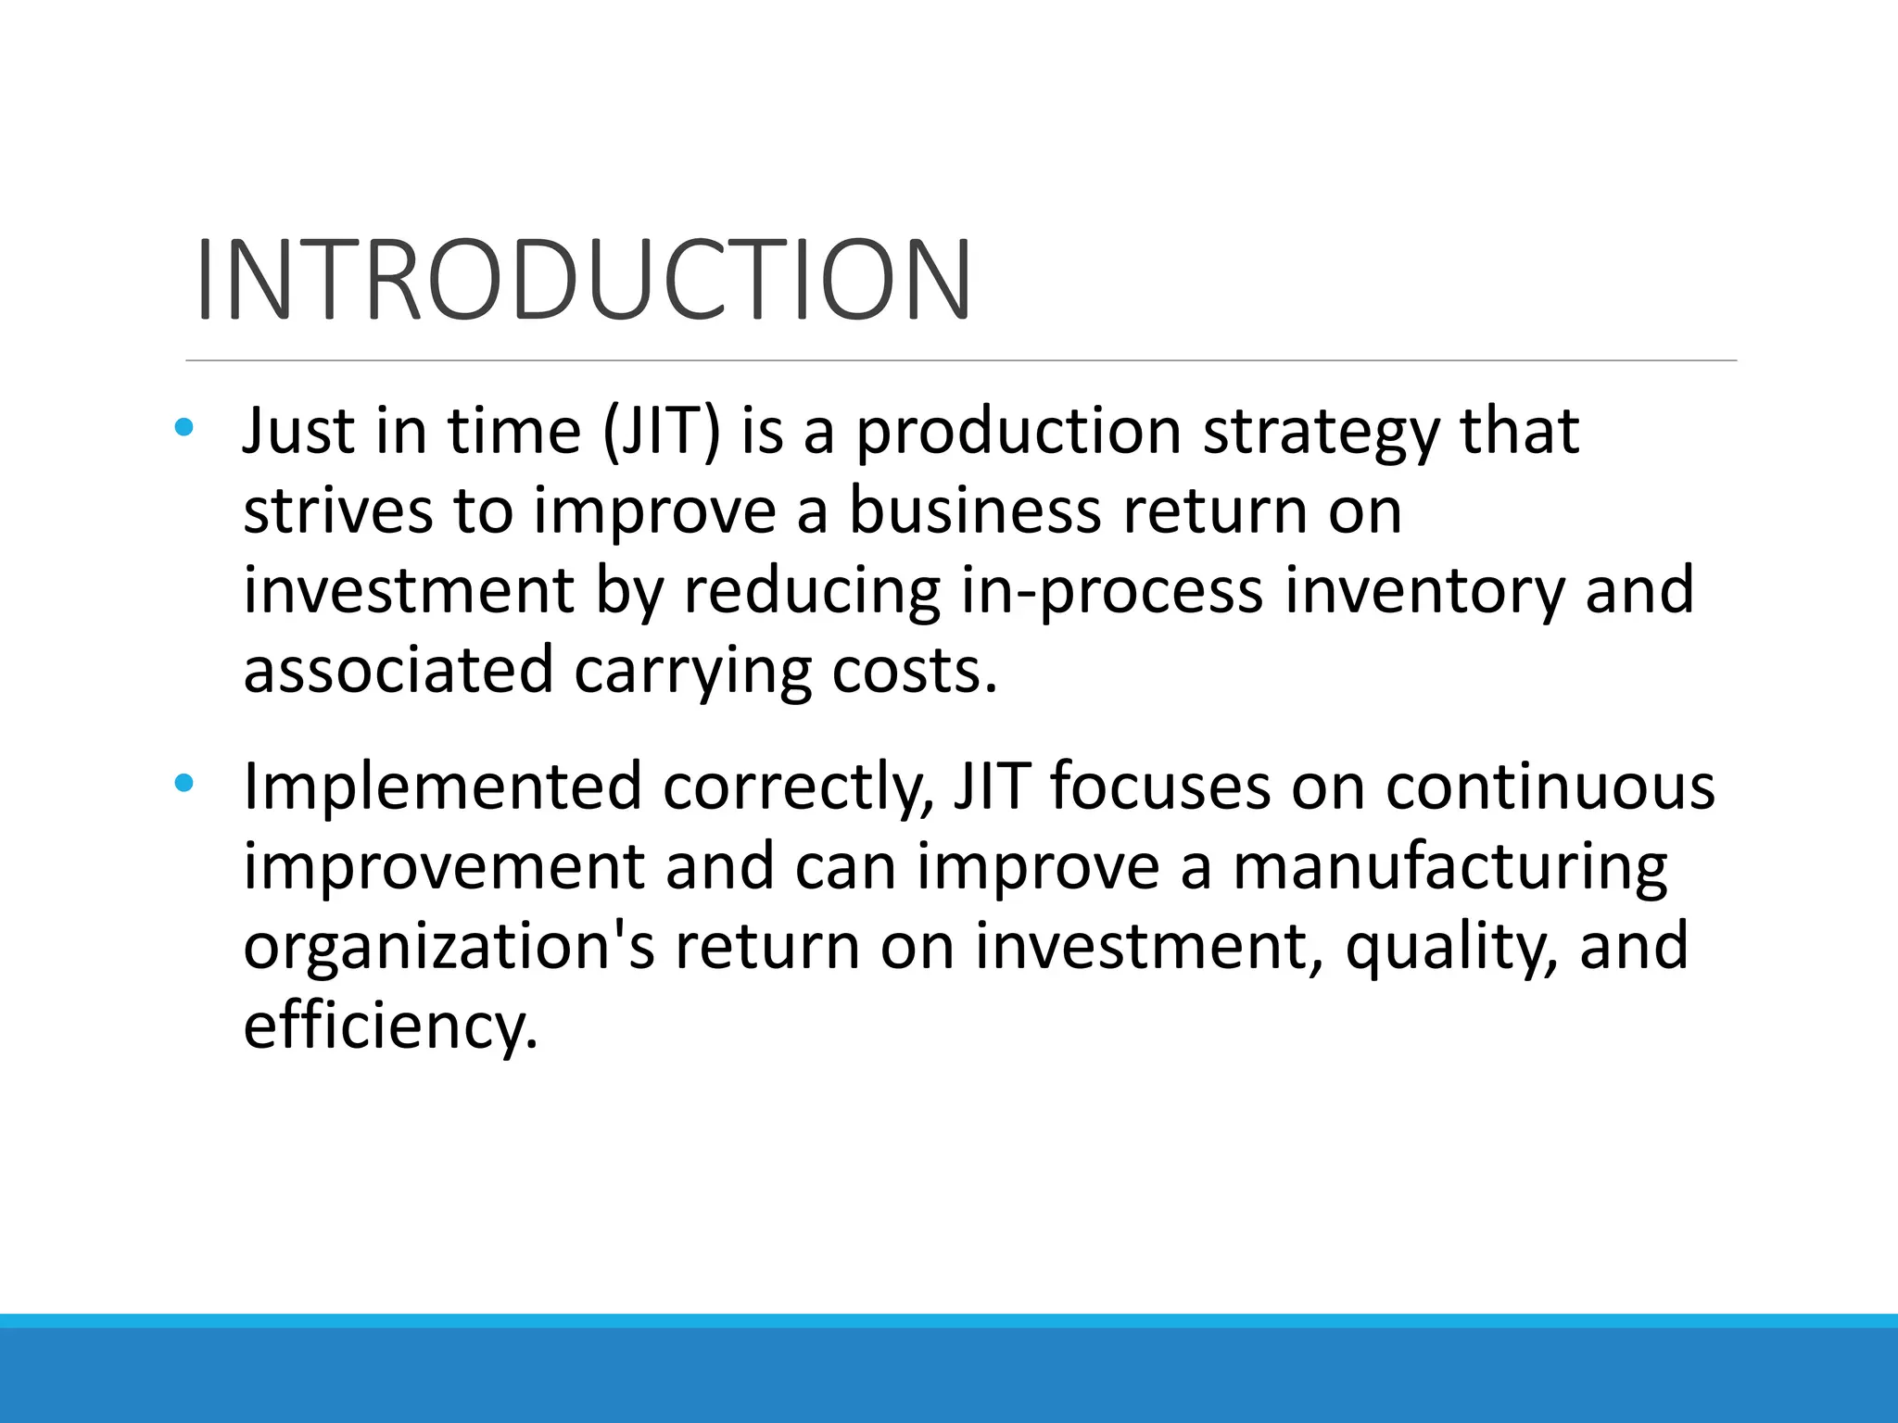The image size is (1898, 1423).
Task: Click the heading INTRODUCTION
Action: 584,279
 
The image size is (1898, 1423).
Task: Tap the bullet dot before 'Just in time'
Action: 183,427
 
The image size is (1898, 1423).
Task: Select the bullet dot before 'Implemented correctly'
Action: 183,784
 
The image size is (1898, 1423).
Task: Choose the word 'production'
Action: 1018,433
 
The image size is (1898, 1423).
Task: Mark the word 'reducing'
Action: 812,592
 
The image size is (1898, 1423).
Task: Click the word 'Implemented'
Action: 442,787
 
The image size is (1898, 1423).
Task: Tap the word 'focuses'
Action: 1160,787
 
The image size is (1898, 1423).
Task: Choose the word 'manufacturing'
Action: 1449,868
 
